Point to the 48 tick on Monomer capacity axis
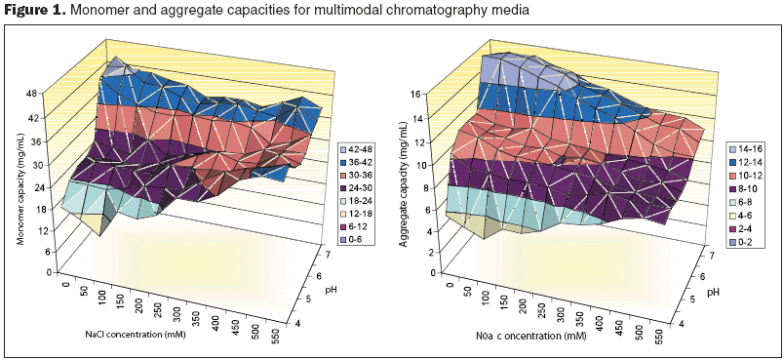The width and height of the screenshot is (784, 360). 31,94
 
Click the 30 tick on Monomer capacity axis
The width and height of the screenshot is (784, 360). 31,163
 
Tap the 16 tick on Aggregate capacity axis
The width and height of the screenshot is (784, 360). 418,95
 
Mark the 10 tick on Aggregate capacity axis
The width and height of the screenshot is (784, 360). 418,165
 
